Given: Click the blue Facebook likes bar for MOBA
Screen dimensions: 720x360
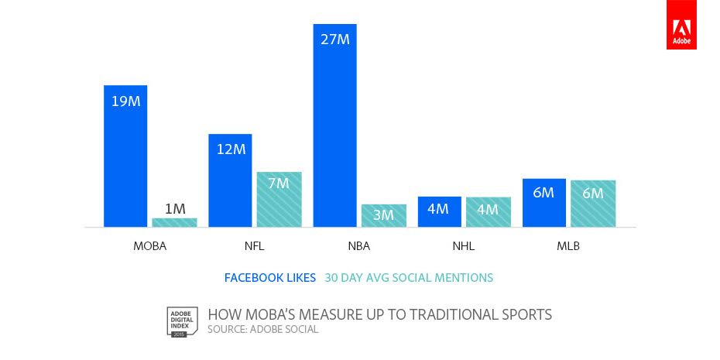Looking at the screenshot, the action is click(125, 156).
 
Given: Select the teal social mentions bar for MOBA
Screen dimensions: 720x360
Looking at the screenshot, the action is click(174, 222).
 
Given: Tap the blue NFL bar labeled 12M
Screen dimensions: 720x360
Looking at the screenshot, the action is click(230, 180).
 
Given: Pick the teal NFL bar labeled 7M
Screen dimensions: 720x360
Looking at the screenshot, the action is click(279, 199).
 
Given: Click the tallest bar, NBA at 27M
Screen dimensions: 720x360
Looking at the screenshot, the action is click(334, 125).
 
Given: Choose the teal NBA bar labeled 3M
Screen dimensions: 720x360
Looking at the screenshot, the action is click(384, 215).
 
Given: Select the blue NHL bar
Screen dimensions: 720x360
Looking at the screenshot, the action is click(440, 211).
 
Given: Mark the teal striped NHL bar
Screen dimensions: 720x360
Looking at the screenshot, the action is click(489, 211).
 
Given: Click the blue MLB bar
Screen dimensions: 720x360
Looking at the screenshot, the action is click(544, 203).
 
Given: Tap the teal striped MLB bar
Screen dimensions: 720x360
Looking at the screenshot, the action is click(593, 204).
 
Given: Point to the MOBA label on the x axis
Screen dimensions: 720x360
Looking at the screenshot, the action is click(149, 246).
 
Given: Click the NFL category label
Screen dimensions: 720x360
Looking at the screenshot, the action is click(255, 246).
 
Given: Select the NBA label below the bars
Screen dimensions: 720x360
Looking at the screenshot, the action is click(359, 246).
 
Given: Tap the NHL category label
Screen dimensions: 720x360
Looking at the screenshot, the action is click(463, 246).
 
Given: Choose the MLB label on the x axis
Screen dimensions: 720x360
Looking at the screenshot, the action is click(568, 246).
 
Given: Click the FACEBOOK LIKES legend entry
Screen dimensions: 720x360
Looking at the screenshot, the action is click(270, 278).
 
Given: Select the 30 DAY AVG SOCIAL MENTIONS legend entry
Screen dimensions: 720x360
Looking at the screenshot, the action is click(409, 278).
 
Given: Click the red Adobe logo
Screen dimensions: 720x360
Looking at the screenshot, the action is click(681, 25).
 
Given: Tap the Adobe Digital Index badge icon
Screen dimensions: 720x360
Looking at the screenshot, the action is click(182, 322).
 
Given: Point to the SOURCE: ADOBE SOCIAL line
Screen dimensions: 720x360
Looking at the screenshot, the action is click(262, 330).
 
